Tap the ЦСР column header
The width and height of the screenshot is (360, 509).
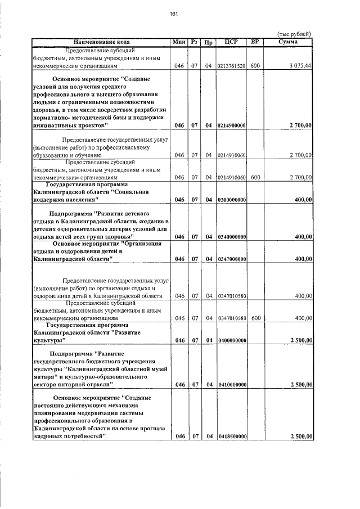tap(231, 42)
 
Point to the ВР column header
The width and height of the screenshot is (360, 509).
tap(255, 42)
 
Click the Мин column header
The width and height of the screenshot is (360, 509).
tap(179, 42)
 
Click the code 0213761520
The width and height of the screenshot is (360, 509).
tap(231, 66)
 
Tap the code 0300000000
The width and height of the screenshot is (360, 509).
tap(231, 200)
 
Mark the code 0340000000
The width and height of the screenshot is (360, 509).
tap(231, 237)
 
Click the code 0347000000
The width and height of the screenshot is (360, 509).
tap(231, 259)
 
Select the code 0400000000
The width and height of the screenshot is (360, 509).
tap(231, 340)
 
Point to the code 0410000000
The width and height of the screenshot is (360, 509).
tap(231, 385)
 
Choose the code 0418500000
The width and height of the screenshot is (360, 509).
tap(231, 436)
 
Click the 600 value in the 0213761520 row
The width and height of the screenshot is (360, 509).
tap(255, 66)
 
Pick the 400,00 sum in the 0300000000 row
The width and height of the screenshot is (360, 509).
tap(303, 200)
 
